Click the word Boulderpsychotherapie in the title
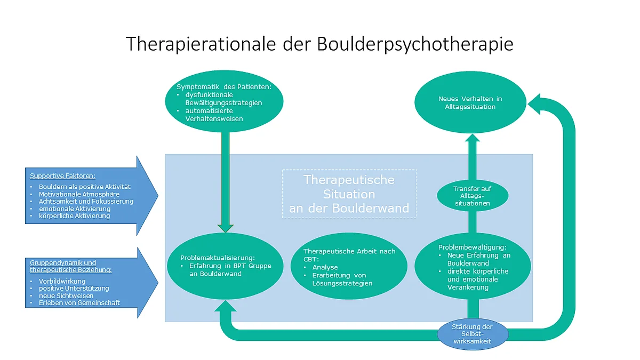pos(415,44)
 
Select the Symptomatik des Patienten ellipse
pos(225,101)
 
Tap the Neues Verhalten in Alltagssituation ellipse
pos(470,102)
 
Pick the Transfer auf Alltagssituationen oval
pos(473,196)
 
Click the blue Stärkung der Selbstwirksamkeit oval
pos(473,334)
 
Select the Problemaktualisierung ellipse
pos(225,266)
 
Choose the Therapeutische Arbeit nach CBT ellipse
pos(349,266)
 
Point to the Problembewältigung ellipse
pos(473,266)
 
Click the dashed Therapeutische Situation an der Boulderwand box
pos(349,194)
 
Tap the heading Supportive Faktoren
pos(62,175)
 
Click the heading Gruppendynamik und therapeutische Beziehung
pos(71,266)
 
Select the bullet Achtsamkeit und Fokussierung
pos(86,202)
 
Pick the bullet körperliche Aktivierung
pos(74,215)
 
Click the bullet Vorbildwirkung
pos(62,281)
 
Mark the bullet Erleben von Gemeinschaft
pos(79,302)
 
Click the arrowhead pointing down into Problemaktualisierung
pos(226,228)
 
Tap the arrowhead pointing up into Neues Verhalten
pos(473,138)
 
